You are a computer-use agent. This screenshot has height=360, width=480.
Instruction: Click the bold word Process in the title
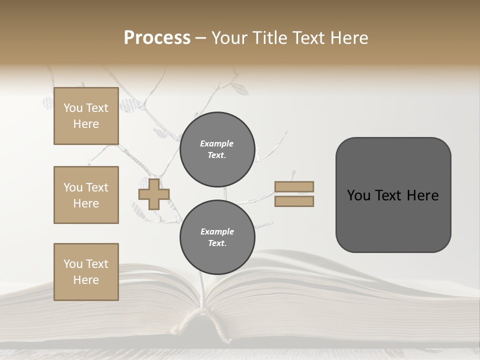[x=157, y=38]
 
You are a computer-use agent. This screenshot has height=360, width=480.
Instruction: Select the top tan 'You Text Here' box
[x=86, y=116]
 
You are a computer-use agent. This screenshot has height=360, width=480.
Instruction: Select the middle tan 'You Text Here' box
[x=86, y=195]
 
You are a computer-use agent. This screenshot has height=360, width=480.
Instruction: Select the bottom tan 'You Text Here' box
[x=86, y=272]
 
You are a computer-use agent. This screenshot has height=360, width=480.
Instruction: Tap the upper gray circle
[x=217, y=149]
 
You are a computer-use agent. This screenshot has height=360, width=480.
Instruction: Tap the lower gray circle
[x=217, y=237]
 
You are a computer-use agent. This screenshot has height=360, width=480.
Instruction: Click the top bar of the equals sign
[x=294, y=187]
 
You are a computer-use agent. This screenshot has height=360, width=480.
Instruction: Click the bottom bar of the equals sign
[x=294, y=201]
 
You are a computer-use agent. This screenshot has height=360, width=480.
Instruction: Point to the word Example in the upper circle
[x=217, y=143]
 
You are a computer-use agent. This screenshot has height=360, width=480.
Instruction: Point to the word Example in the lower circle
[x=217, y=231]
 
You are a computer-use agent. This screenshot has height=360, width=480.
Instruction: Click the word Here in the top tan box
[x=86, y=124]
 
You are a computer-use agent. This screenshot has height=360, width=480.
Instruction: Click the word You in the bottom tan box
[x=73, y=264]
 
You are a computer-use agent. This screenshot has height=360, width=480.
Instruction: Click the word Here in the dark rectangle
[x=423, y=195]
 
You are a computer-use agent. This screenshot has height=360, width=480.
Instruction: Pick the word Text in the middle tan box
[x=96, y=187]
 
